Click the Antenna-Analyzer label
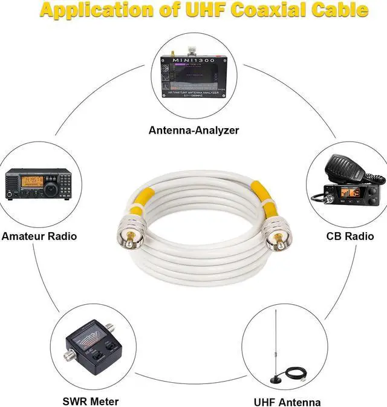(193, 129)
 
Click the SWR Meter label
(91, 401)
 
